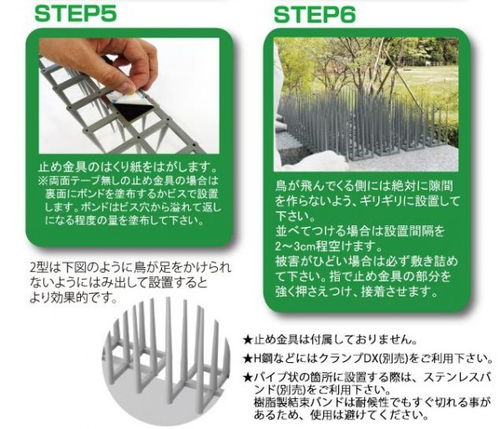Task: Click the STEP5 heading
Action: tap(76, 14)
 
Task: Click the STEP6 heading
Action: tap(315, 15)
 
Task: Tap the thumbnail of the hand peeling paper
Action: tap(129, 95)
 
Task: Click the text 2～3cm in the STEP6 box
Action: tap(295, 246)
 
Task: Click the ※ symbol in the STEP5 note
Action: tap(43, 181)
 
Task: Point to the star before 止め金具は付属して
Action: tap(248, 340)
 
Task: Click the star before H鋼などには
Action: tap(248, 359)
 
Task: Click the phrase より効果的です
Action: tap(72, 298)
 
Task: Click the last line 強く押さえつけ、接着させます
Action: tap(357, 291)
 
